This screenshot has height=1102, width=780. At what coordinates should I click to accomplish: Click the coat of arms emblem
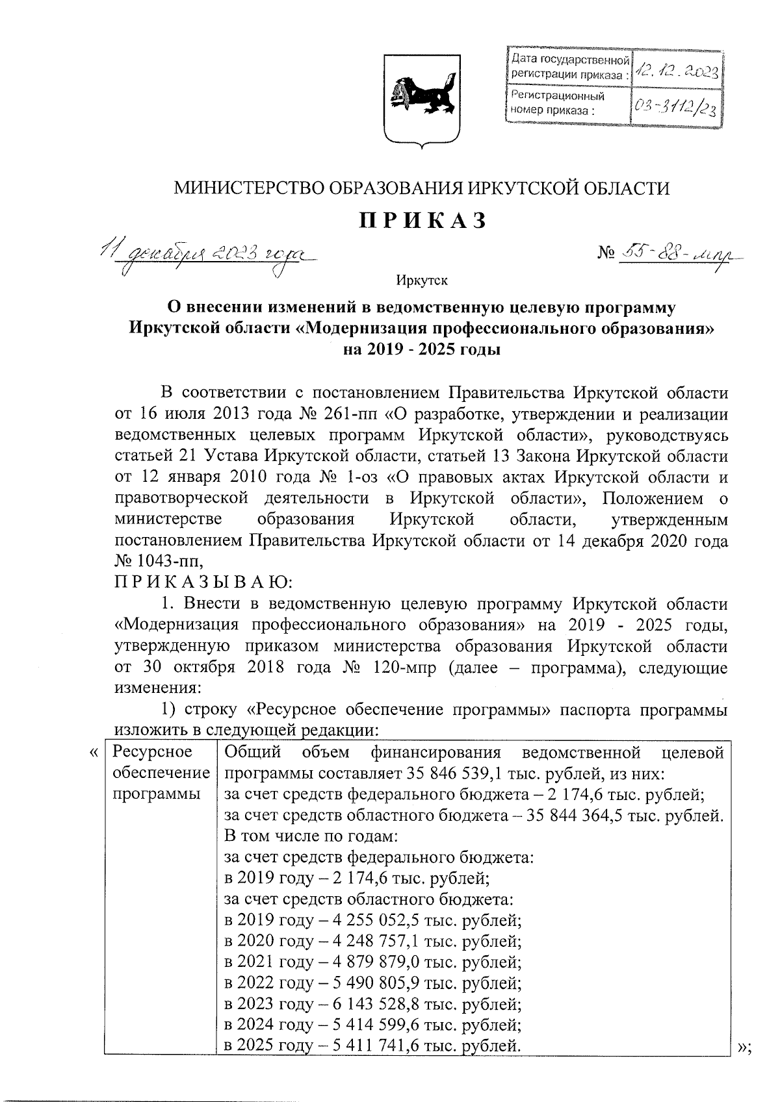419,99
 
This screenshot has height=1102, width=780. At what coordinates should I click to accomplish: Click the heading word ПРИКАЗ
422,221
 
